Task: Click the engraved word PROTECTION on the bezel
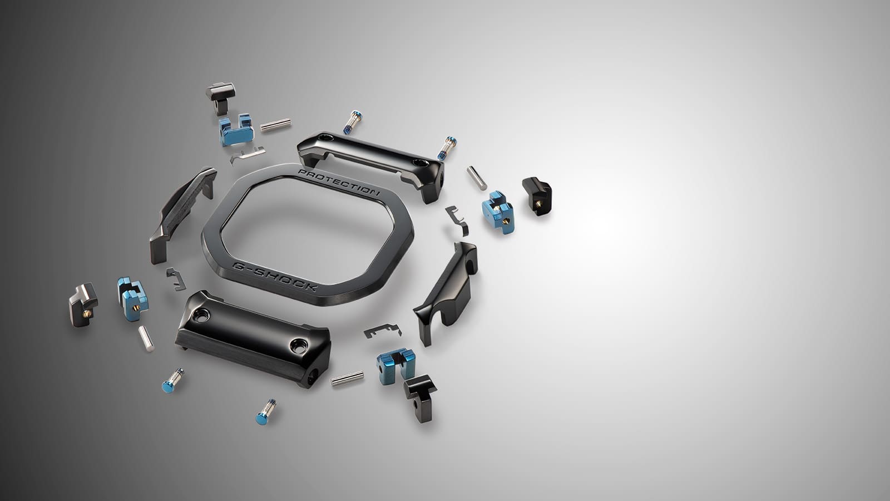pyautogui.click(x=339, y=183)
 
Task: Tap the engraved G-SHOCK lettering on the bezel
pyautogui.click(x=275, y=276)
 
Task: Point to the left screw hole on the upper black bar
pyautogui.click(x=326, y=137)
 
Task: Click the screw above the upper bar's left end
pyautogui.click(x=353, y=122)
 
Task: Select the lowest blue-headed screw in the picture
pyautogui.click(x=265, y=412)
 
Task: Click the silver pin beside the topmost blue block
pyautogui.click(x=275, y=125)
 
